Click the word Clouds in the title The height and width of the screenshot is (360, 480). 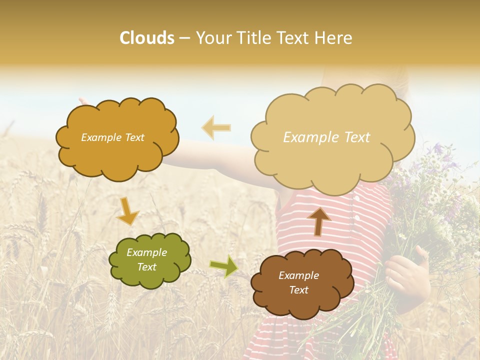click(147, 38)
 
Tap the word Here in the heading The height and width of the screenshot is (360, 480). click(333, 38)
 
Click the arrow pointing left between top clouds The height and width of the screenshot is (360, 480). click(216, 127)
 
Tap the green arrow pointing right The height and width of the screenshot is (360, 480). click(223, 266)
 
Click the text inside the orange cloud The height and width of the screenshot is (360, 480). click(112, 137)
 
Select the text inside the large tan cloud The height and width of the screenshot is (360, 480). click(326, 137)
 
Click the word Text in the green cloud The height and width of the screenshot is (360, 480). click(146, 267)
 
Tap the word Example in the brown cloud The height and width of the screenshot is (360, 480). click(298, 275)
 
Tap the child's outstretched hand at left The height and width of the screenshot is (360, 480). click(82, 101)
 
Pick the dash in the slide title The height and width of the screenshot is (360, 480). click(184, 38)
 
